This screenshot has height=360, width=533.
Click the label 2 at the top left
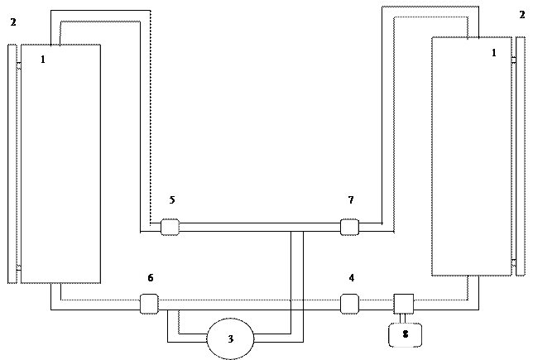tap(11, 22)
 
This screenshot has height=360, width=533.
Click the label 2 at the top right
tap(521, 16)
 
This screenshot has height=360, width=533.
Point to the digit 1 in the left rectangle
tap(43, 60)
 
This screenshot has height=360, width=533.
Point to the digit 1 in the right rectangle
tap(494, 53)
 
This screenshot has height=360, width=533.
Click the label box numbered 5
tap(170, 200)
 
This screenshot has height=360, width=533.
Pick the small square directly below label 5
tap(170, 227)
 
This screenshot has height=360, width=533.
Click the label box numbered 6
tap(149, 278)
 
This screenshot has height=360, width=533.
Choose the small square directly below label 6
tap(149, 304)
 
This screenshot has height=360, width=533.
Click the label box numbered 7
tap(350, 200)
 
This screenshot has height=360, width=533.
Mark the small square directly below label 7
tap(349, 227)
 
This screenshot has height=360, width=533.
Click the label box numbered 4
tap(350, 277)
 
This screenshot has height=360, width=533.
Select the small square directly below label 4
tap(349, 304)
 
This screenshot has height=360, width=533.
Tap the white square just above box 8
tap(404, 304)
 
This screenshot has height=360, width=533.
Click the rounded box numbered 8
tap(406, 335)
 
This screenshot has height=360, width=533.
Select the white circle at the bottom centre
tap(230, 338)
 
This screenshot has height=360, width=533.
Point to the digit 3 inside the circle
tap(230, 339)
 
